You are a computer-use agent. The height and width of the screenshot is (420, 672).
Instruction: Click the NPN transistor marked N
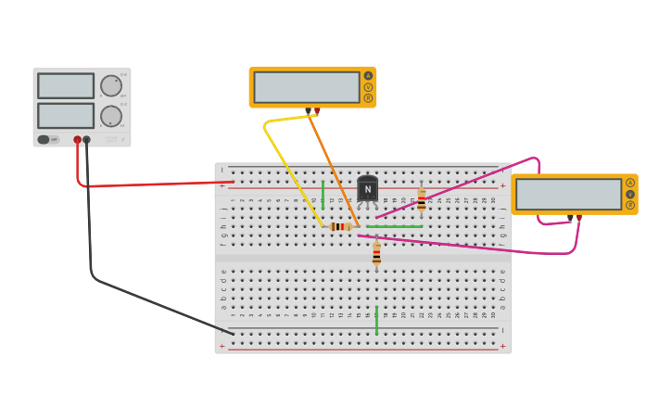[367, 189]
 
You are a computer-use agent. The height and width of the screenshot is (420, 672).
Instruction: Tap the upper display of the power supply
[66, 85]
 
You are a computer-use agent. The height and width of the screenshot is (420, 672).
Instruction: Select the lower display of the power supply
[66, 116]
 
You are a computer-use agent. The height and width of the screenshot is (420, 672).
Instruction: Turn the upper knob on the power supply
[111, 85]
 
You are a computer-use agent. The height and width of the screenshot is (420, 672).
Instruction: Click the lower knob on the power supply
[111, 116]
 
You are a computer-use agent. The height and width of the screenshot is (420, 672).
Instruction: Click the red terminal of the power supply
[78, 140]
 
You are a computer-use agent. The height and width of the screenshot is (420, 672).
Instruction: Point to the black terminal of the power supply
[87, 140]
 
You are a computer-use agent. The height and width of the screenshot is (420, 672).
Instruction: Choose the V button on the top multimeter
[368, 87]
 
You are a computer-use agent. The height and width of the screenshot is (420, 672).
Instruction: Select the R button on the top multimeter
[368, 98]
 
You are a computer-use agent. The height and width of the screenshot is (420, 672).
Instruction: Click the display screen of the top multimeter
[307, 87]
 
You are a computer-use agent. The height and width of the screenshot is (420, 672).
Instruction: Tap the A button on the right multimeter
[630, 183]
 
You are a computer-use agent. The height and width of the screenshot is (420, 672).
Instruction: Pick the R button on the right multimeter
[630, 205]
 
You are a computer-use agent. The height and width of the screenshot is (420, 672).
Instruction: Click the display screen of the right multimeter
[568, 194]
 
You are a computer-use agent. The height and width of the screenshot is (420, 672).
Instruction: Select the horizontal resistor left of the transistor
[341, 226]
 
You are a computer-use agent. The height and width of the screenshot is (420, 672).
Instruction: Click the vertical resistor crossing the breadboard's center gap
[376, 252]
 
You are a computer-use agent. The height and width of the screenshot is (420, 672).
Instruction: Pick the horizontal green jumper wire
[394, 226]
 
